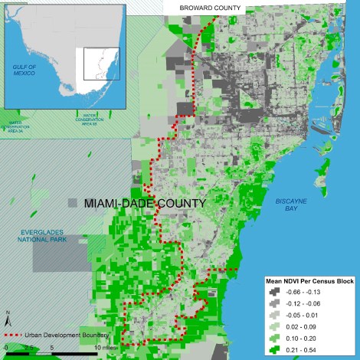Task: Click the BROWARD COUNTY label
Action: point(209,8)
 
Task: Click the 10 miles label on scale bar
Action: point(106,347)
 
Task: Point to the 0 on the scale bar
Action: point(6,347)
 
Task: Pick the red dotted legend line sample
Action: point(19,335)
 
